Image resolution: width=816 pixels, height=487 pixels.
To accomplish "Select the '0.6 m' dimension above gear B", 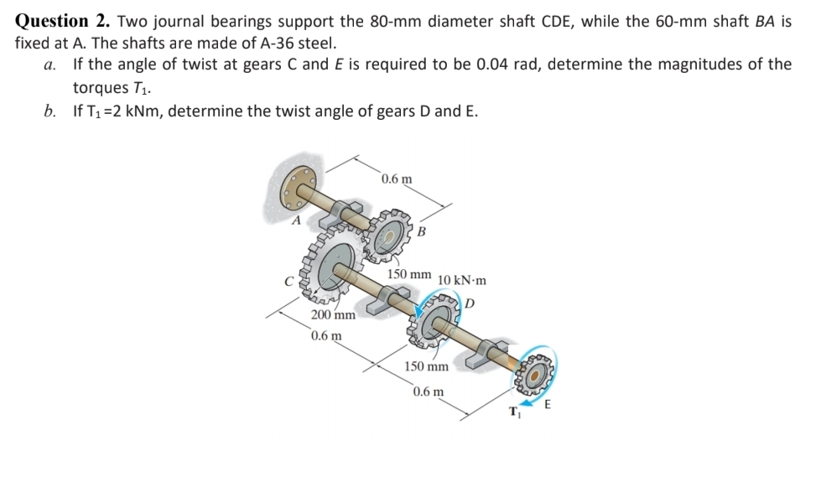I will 396,179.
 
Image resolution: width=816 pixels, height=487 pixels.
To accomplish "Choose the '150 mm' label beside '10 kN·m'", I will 409,274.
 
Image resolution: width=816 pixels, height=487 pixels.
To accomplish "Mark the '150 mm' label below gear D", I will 427,366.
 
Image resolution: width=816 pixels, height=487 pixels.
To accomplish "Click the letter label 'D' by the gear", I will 470,301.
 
